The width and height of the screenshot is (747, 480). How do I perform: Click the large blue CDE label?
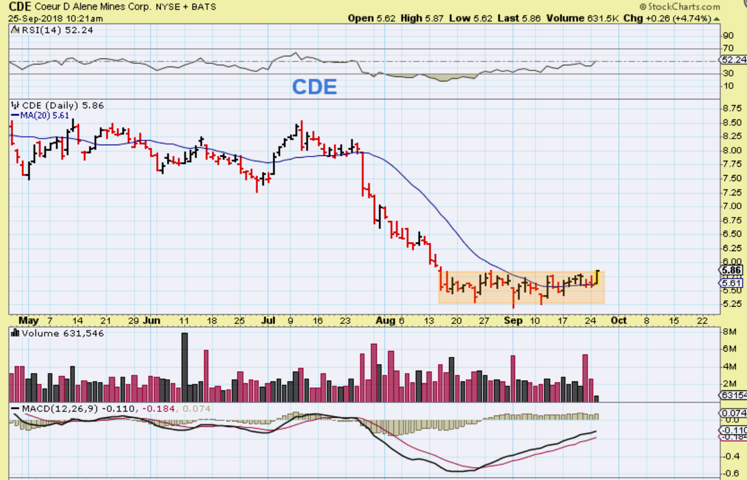(315, 87)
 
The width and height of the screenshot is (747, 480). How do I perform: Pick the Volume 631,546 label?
(63, 333)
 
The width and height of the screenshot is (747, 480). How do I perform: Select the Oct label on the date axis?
(618, 320)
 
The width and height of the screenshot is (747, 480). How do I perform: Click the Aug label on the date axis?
(386, 320)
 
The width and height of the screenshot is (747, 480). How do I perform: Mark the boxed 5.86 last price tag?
(731, 270)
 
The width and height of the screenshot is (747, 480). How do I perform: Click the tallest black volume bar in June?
(185, 367)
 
